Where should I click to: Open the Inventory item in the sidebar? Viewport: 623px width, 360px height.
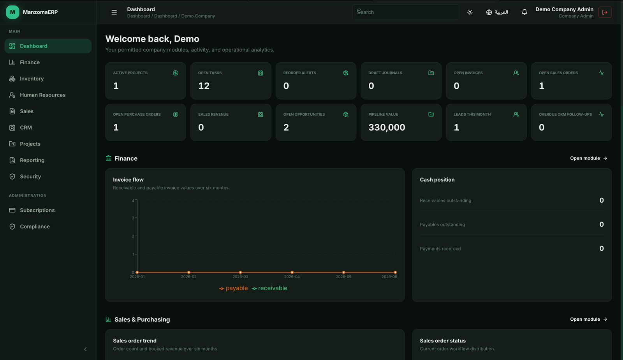tap(32, 79)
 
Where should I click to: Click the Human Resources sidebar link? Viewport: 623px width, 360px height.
tap(42, 95)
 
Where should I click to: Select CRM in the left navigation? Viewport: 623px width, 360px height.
tap(26, 128)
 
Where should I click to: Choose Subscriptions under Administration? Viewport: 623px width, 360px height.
tap(37, 210)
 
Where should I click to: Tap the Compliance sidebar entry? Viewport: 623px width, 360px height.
tap(35, 227)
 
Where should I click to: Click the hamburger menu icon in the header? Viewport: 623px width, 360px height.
tap(114, 12)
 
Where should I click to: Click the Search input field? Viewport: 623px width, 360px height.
tap(405, 12)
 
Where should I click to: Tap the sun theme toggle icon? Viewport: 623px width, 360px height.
tap(470, 12)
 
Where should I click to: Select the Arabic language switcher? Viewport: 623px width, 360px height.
tap(497, 12)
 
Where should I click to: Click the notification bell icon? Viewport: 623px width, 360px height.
tap(524, 12)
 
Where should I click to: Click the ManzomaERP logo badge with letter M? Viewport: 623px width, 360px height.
tap(12, 12)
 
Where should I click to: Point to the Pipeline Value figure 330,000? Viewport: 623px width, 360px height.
tap(387, 127)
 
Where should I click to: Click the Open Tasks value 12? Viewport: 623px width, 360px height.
tap(204, 86)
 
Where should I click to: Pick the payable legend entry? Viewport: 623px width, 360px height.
tap(233, 288)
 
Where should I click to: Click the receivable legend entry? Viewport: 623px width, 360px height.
tap(269, 288)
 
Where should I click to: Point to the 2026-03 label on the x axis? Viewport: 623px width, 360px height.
tap(240, 277)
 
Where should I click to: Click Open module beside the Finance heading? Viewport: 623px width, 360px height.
tap(588, 158)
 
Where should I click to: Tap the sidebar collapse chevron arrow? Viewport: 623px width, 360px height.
tap(85, 349)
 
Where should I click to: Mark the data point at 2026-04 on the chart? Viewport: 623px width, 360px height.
tap(292, 272)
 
